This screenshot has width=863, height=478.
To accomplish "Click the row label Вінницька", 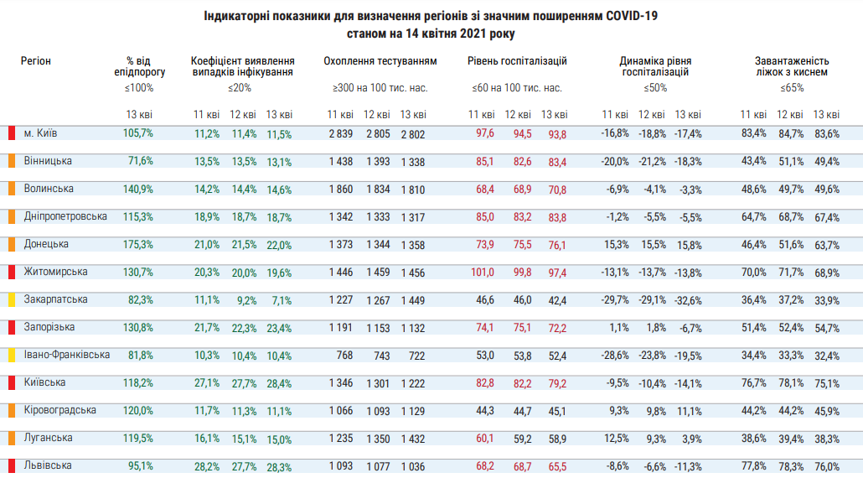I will point(47,160).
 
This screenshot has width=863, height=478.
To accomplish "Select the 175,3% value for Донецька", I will point(138,244).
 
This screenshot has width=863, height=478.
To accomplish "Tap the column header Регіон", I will point(36,61).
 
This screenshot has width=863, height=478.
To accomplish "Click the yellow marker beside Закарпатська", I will point(12,299).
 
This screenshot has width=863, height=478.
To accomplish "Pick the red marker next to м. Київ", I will point(12,132).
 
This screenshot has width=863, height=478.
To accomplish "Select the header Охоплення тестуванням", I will point(380,61).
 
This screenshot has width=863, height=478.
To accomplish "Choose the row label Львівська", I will point(48,465).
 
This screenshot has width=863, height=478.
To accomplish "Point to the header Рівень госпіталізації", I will point(517,61).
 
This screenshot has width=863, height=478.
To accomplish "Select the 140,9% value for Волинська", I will point(138,189).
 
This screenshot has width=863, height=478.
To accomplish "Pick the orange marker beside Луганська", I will point(12,438).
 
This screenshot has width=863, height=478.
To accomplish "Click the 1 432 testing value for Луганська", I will point(412,438).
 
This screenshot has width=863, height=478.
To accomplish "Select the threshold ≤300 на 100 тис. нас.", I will point(380,88).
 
